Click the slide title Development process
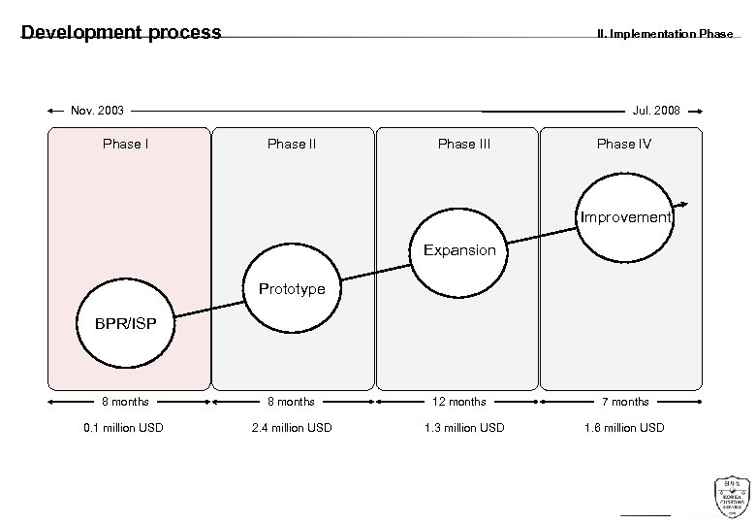point(121,33)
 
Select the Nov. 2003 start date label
point(97,111)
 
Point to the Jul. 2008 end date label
point(656,111)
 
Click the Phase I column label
point(126,145)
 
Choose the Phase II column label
point(292,145)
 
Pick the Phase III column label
point(463,145)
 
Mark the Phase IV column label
point(624,145)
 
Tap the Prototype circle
point(291,288)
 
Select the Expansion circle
point(458,250)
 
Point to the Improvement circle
point(625,216)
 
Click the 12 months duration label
point(460,402)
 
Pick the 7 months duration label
point(626,402)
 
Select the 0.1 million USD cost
point(124,428)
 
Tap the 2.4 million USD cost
point(292,428)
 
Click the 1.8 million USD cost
point(625,428)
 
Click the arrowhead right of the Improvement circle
point(685,204)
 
